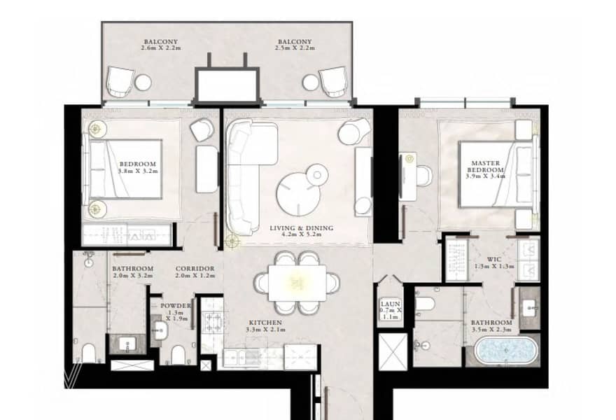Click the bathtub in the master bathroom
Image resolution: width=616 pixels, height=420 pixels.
pos(505,349)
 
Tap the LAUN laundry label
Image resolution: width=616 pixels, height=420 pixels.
pos(391,304)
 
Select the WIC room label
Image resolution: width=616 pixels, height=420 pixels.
pos(493,259)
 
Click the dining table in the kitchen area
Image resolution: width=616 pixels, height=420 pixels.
pos(297,283)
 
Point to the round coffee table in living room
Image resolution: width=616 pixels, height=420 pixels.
pos(298,194)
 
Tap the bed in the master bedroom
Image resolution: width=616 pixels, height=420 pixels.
pos(496,174)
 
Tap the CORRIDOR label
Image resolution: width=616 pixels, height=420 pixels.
pos(195,269)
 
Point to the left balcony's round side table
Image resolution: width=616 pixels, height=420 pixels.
pos(143,83)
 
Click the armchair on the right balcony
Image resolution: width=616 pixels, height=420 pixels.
pos(333,82)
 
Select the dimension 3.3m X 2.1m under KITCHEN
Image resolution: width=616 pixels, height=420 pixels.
pos(266,330)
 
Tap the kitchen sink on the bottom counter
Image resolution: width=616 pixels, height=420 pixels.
pos(239,357)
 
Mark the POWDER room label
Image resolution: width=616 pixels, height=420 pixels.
pos(176,306)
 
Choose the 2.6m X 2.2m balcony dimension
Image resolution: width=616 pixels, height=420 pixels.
pos(161,48)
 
